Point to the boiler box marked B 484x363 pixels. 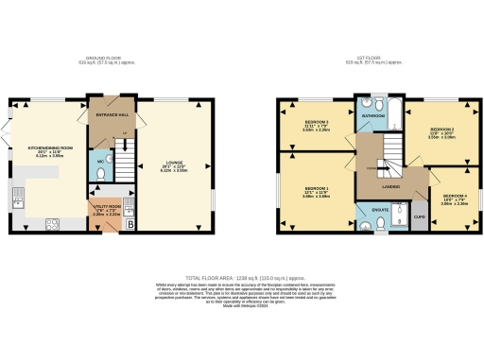click(130, 223)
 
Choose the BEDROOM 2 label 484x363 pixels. click(442, 130)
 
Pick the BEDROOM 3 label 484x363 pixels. click(317, 123)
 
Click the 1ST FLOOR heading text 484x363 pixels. click(375, 60)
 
